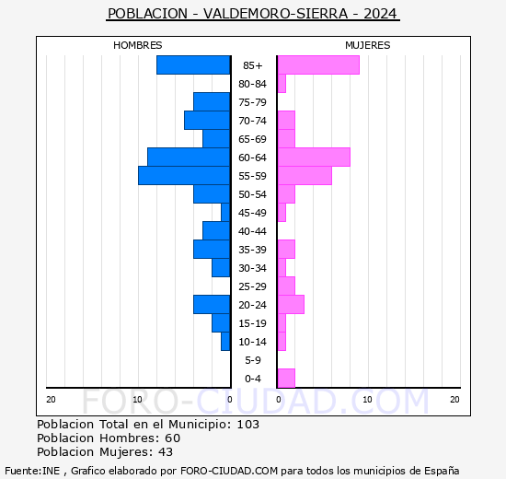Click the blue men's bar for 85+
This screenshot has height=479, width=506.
coord(193,65)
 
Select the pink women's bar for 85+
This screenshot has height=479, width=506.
coord(318,65)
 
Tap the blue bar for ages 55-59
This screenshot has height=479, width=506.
coord(184,176)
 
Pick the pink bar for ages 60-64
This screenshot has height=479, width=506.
coord(314,158)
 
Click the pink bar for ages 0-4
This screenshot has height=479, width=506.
coord(286,379)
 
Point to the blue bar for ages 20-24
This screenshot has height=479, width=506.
coord(212,305)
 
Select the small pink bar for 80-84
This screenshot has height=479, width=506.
coord(282,84)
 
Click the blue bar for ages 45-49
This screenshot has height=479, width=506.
coord(225,213)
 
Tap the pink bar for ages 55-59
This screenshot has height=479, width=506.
coord(305,176)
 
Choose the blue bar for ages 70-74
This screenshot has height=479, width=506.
coord(207,121)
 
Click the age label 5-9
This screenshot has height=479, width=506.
coord(253,360)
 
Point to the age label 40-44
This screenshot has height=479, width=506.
coord(252,231)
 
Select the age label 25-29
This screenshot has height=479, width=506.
coord(252,286)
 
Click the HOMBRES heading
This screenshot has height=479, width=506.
coord(138,45)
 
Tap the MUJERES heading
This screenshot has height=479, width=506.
coord(368,45)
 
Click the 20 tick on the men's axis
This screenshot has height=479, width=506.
coord(51,400)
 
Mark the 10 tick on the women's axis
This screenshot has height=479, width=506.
coord(367,400)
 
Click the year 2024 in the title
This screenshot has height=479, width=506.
coord(380,14)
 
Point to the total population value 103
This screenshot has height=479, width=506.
coord(247,424)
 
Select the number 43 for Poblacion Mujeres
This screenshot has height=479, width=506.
coord(166,452)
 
